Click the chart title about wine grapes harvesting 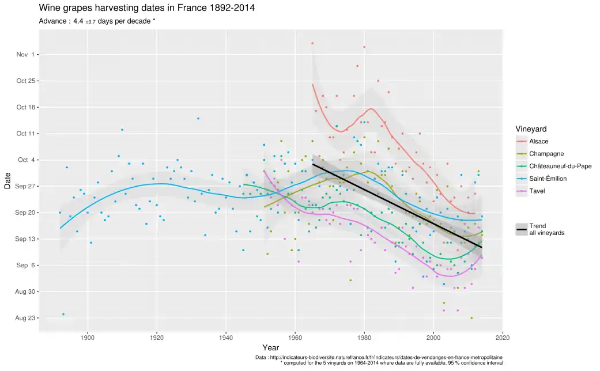[x=146, y=8]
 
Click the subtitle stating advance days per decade [x=97, y=21]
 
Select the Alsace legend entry [x=538, y=141]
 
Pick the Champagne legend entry [x=546, y=154]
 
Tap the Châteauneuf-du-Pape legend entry [x=556, y=166]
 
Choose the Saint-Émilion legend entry [x=548, y=179]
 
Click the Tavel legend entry [x=537, y=191]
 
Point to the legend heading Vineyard [x=531, y=128]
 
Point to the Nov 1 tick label [x=25, y=55]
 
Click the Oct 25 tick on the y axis [x=27, y=81]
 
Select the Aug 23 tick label [x=27, y=318]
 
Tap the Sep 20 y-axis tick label [x=27, y=213]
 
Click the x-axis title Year [x=270, y=348]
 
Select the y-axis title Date [x=7, y=181]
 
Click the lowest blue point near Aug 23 [x=63, y=314]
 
